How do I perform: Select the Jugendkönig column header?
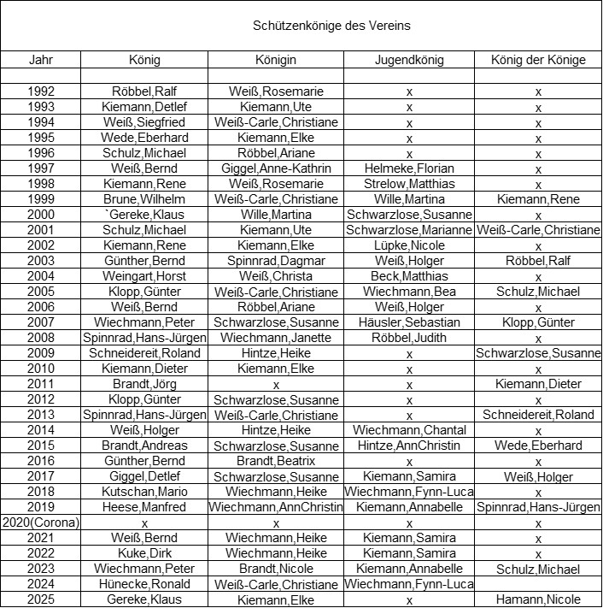(409, 60)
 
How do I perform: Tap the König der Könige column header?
(538, 60)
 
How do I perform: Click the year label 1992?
(41, 91)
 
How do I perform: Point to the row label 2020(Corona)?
(40, 522)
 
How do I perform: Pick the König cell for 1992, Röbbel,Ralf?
(144, 91)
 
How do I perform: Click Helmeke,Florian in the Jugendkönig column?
(409, 168)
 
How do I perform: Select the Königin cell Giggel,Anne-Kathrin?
(275, 168)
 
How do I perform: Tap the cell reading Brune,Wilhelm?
(144, 199)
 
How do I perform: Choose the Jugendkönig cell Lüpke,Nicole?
(409, 245)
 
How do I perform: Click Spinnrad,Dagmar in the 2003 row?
(275, 261)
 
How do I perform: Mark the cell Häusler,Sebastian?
(409, 322)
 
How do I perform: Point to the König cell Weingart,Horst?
(144, 276)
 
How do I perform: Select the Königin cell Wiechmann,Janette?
(275, 338)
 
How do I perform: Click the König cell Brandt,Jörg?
(144, 384)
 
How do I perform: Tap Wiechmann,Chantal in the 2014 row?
(409, 430)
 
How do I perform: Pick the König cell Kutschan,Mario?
(144, 492)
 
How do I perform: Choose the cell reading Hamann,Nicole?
(538, 599)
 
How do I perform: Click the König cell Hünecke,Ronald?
(144, 584)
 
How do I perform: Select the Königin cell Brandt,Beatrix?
(275, 461)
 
